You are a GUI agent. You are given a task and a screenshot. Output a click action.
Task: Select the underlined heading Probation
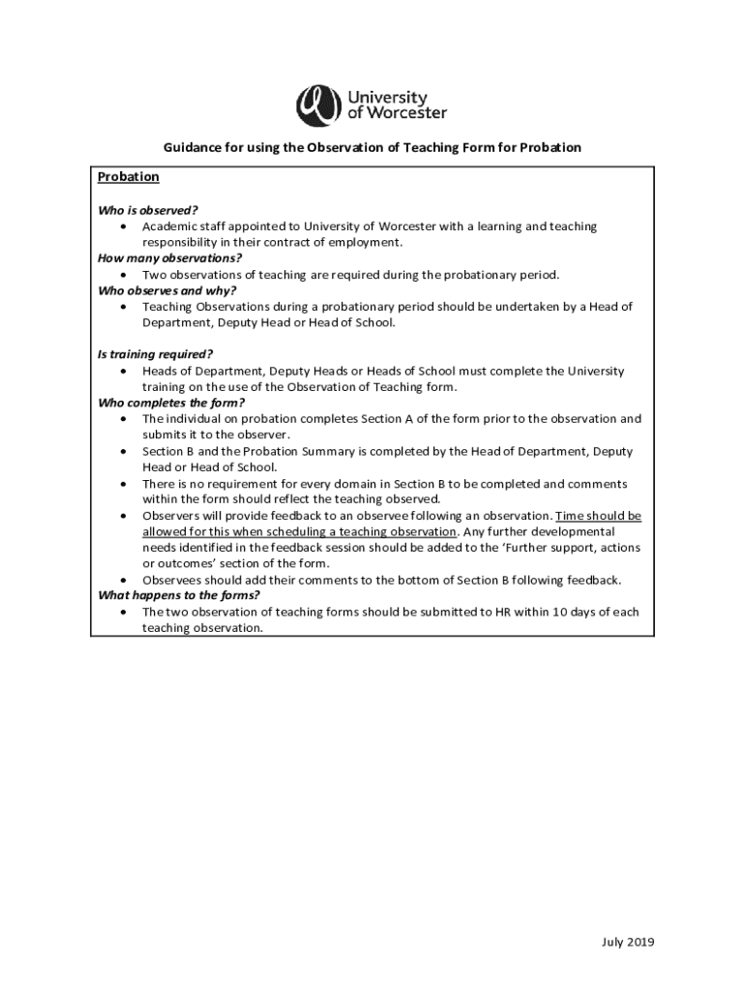(128, 178)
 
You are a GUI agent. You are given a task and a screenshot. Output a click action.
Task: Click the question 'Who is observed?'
(148, 210)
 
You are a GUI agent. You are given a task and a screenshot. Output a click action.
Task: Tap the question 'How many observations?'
(169, 258)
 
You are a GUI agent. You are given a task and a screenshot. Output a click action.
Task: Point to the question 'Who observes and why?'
(166, 290)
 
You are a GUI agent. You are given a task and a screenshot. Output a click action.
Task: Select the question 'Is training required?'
(156, 355)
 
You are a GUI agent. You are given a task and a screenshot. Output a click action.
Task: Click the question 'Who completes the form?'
(171, 403)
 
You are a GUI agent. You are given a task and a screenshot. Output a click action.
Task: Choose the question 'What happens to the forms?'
(179, 596)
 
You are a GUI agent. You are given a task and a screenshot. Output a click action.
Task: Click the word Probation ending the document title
(551, 148)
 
